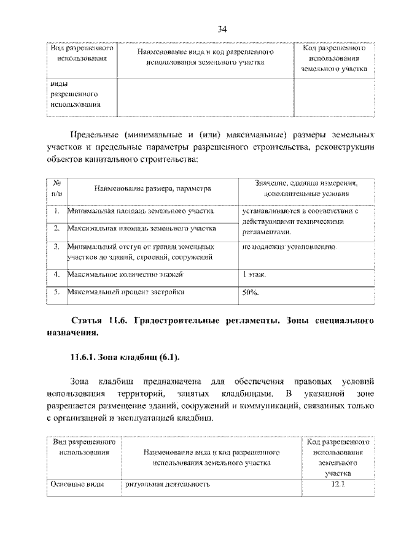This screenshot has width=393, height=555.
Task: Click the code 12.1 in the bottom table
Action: coord(338,484)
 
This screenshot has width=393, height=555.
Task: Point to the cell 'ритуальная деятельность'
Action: coord(167,484)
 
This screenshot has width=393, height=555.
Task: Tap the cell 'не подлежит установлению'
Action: coord(289,246)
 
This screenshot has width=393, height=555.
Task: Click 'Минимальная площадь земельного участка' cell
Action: coord(141,211)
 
